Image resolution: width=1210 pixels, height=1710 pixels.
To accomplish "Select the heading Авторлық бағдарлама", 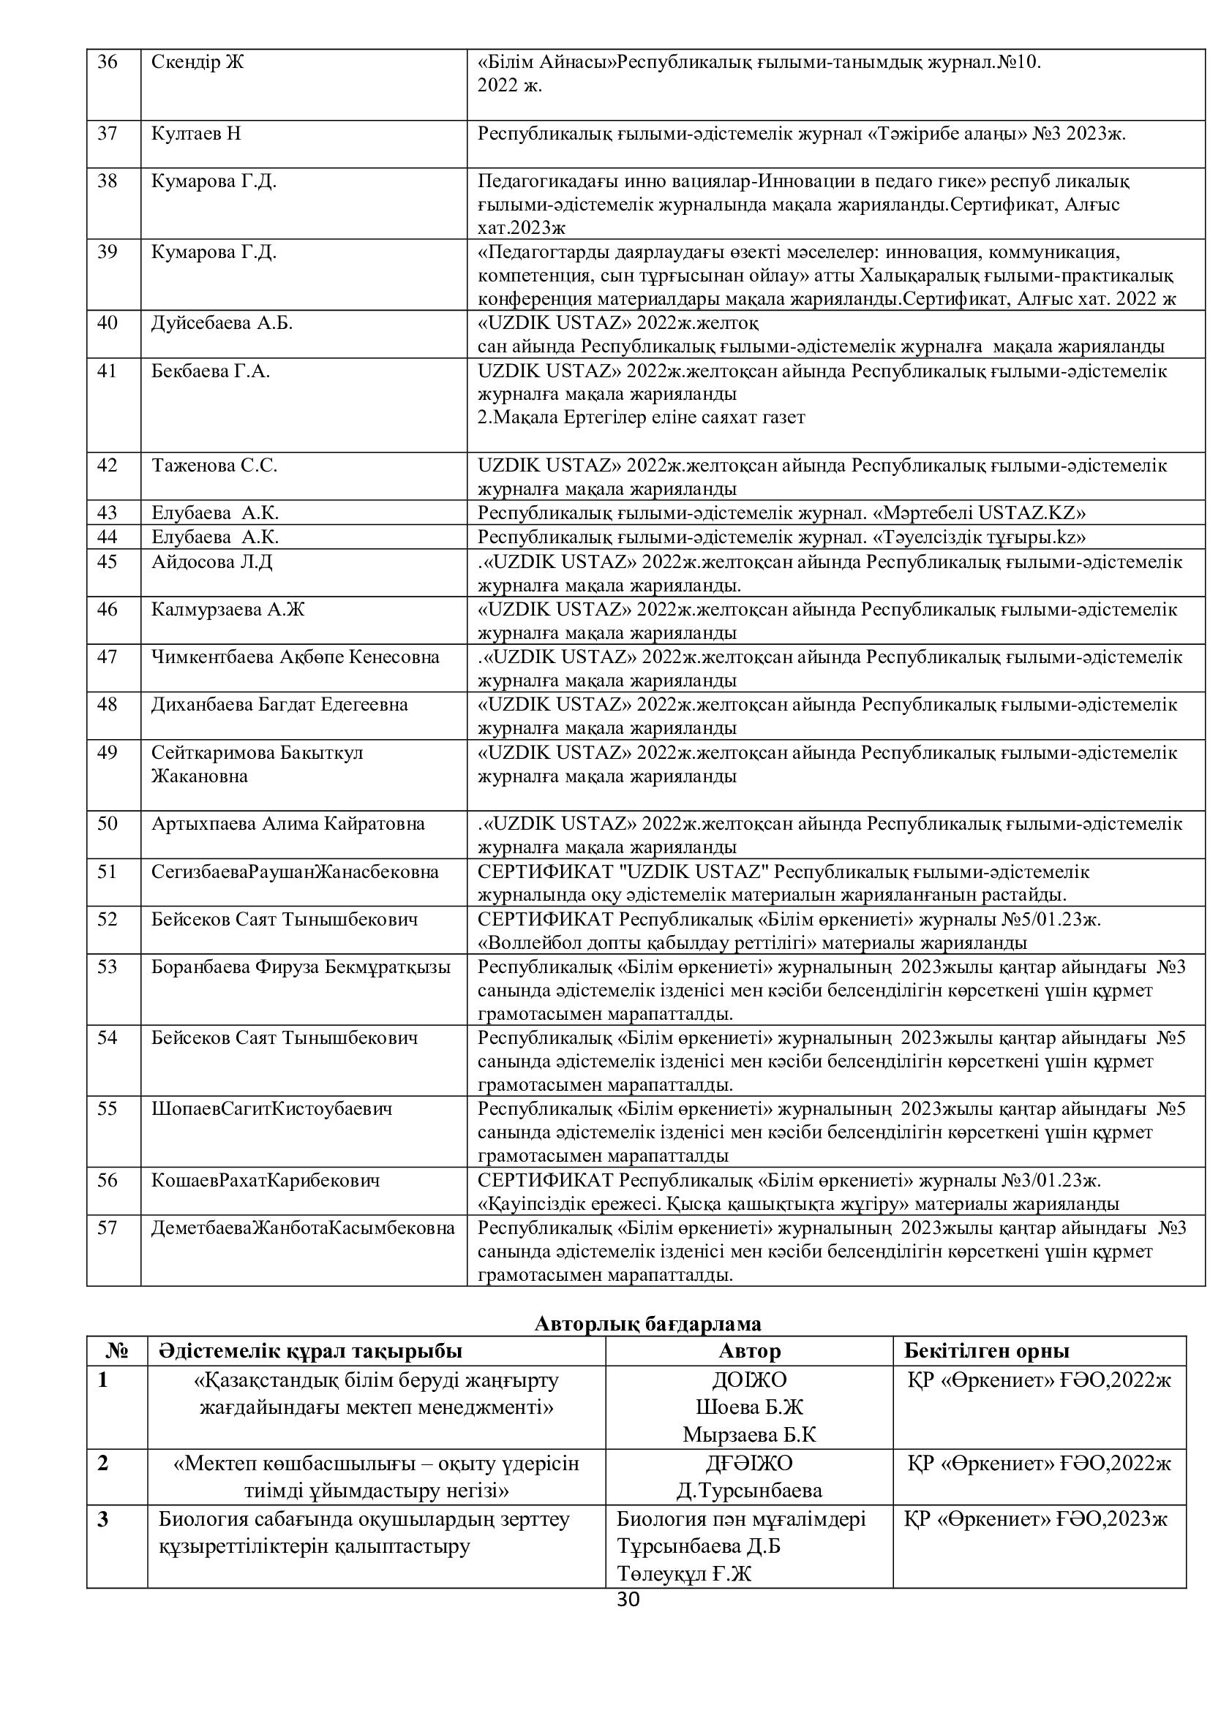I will click(x=647, y=1323).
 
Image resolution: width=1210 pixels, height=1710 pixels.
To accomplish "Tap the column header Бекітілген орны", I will click(x=986, y=1350).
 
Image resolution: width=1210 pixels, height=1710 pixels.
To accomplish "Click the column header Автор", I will click(x=749, y=1350).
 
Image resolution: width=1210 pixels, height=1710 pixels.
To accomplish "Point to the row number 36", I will click(x=108, y=62).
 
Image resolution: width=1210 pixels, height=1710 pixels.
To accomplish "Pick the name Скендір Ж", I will click(x=198, y=62).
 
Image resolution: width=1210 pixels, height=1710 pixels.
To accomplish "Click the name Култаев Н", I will click(x=196, y=134).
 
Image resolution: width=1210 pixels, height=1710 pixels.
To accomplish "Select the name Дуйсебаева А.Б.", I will click(x=222, y=323).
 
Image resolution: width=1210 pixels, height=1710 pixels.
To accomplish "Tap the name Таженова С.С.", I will click(x=214, y=466).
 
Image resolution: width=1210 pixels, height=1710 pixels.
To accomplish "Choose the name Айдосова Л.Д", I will click(x=211, y=561).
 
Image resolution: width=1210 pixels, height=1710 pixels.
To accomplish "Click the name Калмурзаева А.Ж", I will click(x=228, y=609).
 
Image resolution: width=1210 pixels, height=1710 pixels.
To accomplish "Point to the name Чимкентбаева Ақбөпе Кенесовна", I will click(x=295, y=657).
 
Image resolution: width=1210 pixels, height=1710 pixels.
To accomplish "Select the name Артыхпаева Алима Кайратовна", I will click(x=288, y=824).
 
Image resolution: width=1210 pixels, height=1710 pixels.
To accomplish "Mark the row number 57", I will click(x=108, y=1227).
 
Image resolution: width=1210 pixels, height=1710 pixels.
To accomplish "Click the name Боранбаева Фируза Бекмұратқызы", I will click(x=301, y=966).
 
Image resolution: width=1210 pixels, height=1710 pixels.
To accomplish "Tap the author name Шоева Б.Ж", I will click(x=749, y=1407).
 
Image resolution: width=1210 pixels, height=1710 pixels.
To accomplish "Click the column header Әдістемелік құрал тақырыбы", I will click(x=310, y=1350).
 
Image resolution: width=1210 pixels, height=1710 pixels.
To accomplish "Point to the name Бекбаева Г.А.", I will click(x=210, y=371).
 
